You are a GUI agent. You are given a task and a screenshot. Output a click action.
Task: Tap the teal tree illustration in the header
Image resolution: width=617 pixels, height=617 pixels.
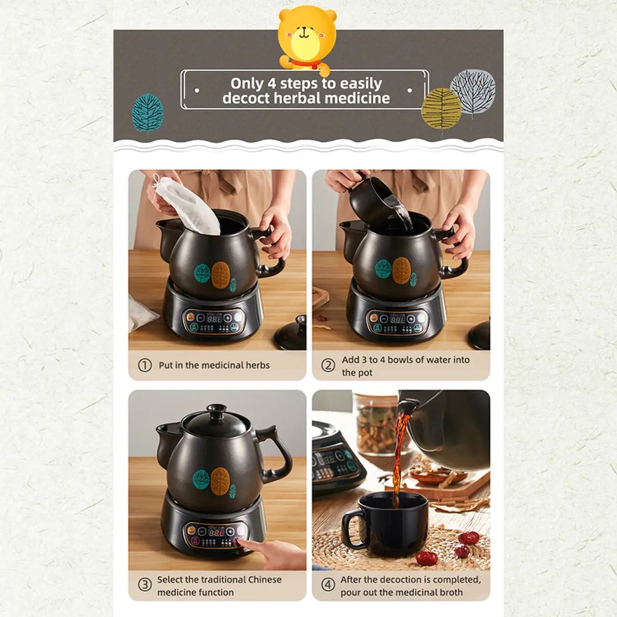point(148,113)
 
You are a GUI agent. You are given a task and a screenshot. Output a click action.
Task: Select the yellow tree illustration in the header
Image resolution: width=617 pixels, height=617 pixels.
point(441,108)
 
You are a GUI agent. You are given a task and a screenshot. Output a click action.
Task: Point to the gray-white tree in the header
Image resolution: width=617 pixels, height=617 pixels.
point(473,93)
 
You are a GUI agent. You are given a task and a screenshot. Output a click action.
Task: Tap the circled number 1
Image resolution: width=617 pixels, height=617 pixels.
point(145,366)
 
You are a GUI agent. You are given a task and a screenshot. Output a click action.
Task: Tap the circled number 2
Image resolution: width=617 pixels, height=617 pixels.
point(328,366)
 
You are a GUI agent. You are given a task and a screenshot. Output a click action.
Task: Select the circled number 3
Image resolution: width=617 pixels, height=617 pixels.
point(145,585)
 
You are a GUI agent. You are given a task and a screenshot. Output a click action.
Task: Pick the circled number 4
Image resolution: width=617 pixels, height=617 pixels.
point(328,585)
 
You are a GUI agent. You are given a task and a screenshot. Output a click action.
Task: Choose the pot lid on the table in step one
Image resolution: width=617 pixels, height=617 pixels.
point(291,334)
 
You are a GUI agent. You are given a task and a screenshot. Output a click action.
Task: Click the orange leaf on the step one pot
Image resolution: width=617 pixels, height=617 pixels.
point(220,275)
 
